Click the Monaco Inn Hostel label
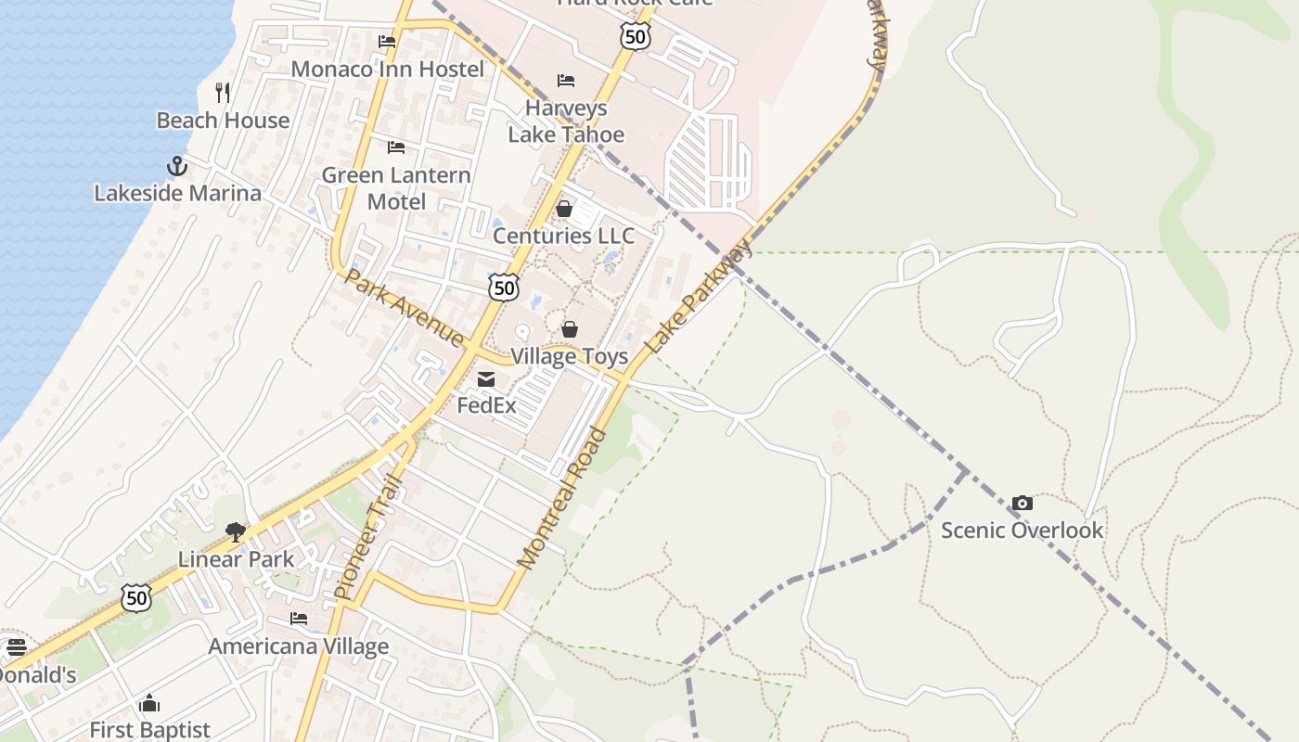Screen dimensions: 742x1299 [x=387, y=70]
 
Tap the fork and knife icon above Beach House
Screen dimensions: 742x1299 [x=223, y=92]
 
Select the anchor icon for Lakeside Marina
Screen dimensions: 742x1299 [x=177, y=166]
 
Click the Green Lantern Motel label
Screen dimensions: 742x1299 [x=396, y=188]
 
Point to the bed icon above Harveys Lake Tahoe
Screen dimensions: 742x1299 [x=566, y=81]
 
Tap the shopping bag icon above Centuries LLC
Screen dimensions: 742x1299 [x=564, y=209]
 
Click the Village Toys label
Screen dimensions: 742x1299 [x=569, y=356]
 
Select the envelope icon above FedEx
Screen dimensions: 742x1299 [x=486, y=378]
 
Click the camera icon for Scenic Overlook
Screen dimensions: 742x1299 [x=1022, y=503]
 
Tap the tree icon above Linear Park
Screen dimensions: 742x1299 [x=236, y=531]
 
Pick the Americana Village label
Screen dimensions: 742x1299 [x=298, y=646]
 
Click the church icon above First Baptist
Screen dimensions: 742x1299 [x=149, y=704]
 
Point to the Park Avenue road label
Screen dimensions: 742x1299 [x=404, y=307]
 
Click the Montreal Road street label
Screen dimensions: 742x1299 [x=562, y=498]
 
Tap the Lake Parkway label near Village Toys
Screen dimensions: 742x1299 [x=698, y=296]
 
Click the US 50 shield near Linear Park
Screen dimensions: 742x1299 [x=136, y=598]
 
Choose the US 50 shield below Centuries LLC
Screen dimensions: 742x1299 [x=504, y=288]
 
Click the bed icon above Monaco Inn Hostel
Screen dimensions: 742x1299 [x=387, y=42]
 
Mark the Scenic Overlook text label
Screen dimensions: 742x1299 [x=1022, y=531]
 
